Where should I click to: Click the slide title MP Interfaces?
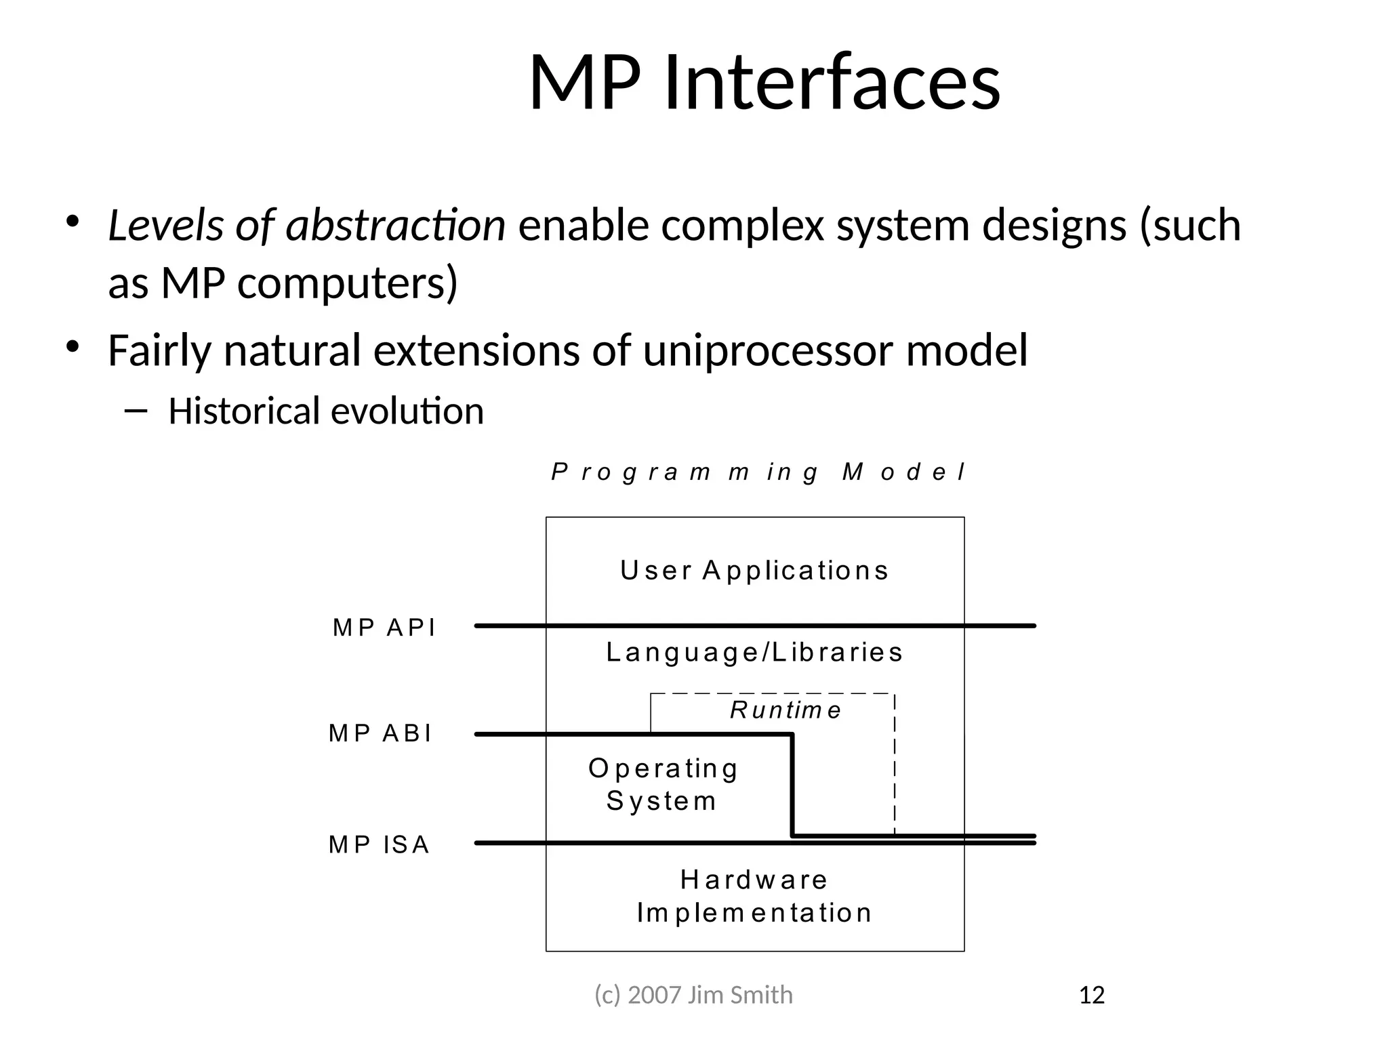point(764,83)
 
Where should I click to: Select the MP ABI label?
point(380,733)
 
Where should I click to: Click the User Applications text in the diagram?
point(754,571)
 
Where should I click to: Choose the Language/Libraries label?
point(754,653)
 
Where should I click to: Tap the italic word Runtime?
point(785,710)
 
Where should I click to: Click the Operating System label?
point(663,784)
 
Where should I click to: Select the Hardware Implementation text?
point(754,896)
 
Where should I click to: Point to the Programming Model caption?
point(758,472)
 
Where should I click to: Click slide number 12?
point(1091,995)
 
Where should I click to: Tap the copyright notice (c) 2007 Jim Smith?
point(693,995)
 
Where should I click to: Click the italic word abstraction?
point(396,225)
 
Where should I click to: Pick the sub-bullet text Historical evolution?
point(326,411)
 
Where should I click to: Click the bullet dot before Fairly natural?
point(73,346)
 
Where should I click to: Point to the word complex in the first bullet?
point(742,226)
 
